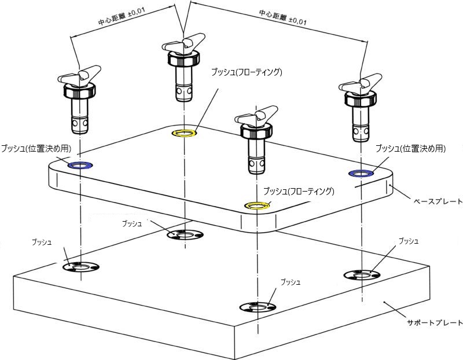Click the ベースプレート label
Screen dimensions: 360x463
436,201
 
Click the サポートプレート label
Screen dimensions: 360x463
434,322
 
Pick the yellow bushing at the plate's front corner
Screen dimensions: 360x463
256,205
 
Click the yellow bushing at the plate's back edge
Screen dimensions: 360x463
185,134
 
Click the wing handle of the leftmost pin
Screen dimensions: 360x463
79,75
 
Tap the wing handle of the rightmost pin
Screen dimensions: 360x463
362,85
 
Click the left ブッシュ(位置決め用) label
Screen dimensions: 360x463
36,148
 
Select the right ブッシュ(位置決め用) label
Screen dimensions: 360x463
410,148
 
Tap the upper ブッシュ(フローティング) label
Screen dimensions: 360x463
246,72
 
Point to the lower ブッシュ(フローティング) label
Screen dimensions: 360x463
298,191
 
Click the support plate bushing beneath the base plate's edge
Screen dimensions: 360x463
185,234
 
